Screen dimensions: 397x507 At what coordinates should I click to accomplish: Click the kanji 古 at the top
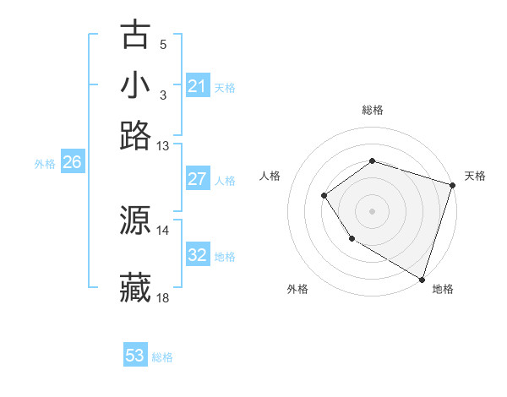coord(136,35)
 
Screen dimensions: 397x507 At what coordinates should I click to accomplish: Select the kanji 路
coord(136,135)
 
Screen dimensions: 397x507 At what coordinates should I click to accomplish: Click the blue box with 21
coord(197,86)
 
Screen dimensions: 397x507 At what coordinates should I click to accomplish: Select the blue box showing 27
coord(197,179)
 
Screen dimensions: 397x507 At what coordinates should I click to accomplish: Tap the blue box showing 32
coord(197,255)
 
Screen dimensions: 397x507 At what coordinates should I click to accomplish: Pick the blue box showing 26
coord(72,163)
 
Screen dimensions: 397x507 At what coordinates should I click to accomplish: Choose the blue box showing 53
coord(135,356)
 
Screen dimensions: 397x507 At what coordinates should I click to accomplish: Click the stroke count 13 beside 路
coord(162,146)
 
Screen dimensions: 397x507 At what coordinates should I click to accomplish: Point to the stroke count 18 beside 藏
coord(162,298)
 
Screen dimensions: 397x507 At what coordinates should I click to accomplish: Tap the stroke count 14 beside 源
coord(162,230)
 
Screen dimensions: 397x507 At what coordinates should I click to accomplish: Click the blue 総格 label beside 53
coord(162,357)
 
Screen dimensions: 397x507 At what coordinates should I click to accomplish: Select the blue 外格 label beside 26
coord(45,165)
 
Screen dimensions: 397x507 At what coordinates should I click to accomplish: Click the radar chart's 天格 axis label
coord(475,176)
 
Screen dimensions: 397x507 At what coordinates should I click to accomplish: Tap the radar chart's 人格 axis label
coord(270,176)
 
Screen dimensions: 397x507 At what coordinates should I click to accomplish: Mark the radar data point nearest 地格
coord(422,279)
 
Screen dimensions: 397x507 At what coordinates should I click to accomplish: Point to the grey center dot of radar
coord(372,210)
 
